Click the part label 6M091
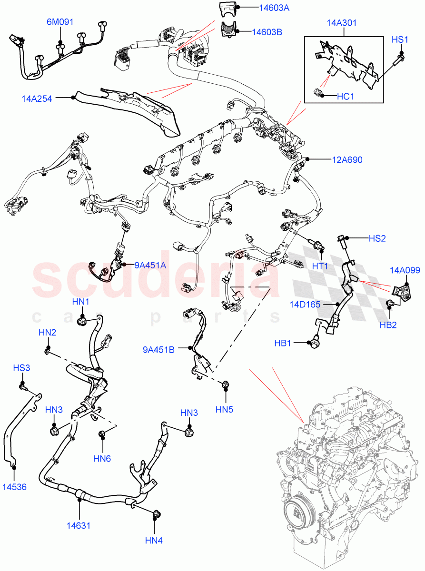[x=60, y=22]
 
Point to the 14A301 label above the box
[x=342, y=23]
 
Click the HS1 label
[x=400, y=40]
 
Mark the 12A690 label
[x=347, y=160]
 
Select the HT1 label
[x=320, y=266]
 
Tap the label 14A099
[x=405, y=270]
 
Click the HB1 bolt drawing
[x=315, y=342]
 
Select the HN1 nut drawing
[x=82, y=322]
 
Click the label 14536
[x=14, y=487]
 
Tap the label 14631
[x=79, y=525]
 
